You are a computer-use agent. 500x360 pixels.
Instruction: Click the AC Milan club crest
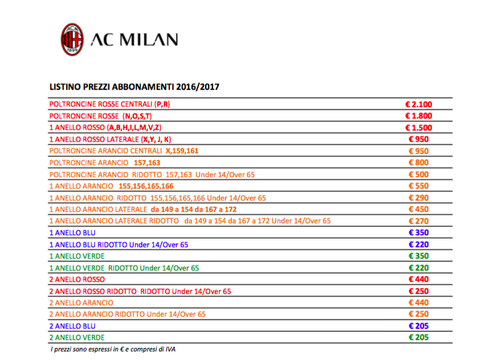72,39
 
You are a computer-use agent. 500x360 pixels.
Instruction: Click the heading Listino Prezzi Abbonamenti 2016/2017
134,87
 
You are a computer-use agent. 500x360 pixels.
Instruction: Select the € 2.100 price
418,104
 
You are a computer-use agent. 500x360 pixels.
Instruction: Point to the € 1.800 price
418,116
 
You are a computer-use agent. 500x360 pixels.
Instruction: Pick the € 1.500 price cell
418,127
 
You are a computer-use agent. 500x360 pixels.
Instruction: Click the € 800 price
418,162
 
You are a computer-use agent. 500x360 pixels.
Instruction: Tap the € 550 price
418,185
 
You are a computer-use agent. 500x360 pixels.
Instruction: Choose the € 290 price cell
418,197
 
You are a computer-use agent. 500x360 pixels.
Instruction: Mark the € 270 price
418,221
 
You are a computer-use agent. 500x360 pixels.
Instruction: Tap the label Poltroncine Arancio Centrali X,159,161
124,151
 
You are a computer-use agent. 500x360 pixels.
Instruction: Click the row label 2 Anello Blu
72,326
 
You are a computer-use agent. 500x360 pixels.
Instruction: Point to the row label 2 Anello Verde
76,338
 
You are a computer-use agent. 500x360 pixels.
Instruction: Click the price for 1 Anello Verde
418,256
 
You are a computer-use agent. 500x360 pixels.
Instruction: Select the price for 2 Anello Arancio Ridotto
418,314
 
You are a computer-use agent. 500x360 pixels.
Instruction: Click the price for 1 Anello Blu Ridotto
418,244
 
